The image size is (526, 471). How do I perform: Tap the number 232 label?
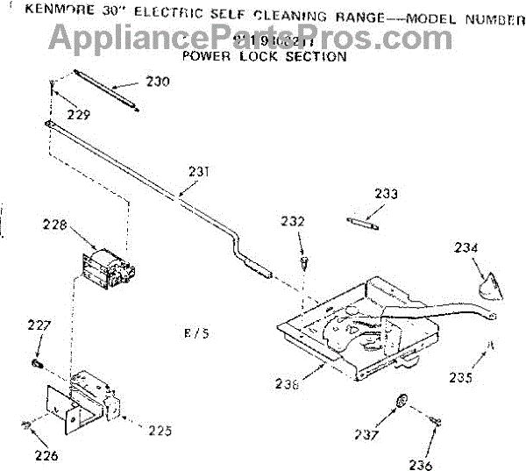(x=294, y=222)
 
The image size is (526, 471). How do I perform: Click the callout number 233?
(x=386, y=194)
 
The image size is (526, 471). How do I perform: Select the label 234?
(x=466, y=247)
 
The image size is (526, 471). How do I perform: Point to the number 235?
(x=460, y=378)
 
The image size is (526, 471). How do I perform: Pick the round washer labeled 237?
(x=402, y=402)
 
